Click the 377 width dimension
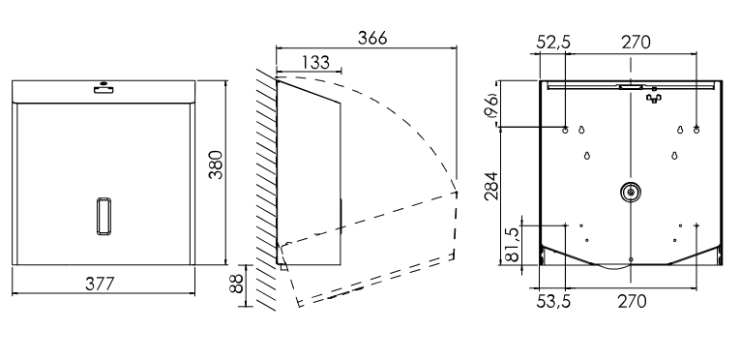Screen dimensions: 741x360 (x=100, y=284)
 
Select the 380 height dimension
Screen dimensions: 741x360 (x=216, y=165)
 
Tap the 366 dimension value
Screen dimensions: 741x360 (x=372, y=38)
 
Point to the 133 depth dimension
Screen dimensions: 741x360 (x=315, y=62)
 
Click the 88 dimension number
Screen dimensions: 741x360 (x=236, y=284)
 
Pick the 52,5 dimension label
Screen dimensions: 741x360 (x=553, y=43)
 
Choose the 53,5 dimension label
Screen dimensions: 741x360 (x=553, y=301)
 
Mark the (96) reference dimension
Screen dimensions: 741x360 (x=491, y=105)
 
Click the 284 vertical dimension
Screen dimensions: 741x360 (x=491, y=186)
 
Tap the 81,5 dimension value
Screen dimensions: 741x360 (x=513, y=244)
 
